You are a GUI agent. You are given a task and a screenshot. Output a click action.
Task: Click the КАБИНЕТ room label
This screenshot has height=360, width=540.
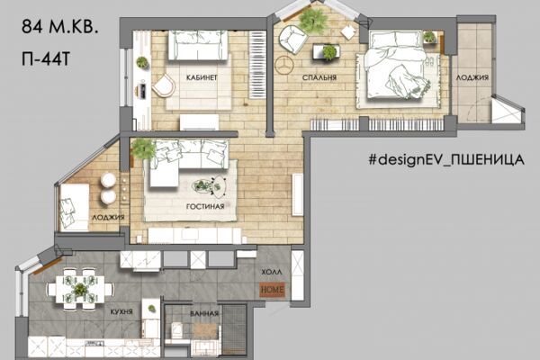pos(202,77)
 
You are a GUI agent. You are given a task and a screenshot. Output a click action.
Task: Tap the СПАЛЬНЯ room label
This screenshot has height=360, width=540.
pos(319,77)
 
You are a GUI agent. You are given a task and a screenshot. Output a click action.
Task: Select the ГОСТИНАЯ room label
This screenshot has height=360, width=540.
pos(205,206)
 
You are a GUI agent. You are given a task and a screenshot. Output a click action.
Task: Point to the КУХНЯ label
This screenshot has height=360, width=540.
pos(121,311)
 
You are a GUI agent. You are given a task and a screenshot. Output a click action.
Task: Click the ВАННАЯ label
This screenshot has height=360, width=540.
pos(204,313)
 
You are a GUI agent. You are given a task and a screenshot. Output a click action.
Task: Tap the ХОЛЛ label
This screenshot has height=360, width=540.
pos(272,272)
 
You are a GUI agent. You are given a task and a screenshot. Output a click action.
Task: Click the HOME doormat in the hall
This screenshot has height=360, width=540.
pos(272,290)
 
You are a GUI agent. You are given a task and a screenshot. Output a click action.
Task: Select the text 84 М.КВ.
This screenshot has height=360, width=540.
pos(60,26)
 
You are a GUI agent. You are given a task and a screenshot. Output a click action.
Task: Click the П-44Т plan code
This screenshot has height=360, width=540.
pos(46,58)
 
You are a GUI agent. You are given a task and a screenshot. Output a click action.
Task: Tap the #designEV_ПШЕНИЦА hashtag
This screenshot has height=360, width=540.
pos(446,159)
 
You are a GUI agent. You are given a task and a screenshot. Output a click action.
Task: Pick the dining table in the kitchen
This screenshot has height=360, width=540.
pos(80,289)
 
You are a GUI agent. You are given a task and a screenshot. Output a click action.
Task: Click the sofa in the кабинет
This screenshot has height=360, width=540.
pos(198,45)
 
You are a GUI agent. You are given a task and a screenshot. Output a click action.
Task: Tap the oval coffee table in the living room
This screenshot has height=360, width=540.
pos(209,187)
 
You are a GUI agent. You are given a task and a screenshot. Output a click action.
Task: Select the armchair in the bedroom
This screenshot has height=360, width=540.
pos(292,39)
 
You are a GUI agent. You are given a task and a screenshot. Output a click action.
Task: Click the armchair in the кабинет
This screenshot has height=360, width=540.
pos(164,85)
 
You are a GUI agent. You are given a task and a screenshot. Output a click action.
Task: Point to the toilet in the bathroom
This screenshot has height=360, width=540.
pos(177,330)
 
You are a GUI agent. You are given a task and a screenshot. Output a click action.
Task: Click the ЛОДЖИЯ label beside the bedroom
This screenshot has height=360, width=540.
pos(472,78)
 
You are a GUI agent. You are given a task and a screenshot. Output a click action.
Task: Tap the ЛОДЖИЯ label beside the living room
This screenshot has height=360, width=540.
pos(108,218)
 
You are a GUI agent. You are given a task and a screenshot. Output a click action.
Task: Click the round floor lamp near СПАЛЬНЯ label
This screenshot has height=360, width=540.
pos(284,65)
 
